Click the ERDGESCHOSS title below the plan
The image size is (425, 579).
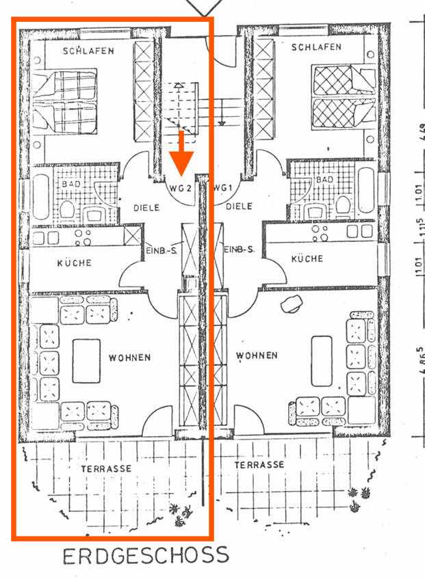click(145, 555)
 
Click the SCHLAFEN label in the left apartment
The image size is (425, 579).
click(88, 51)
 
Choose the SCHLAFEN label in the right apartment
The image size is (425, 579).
click(315, 47)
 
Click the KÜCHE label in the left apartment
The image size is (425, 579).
click(74, 263)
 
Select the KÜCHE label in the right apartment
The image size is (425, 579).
click(307, 259)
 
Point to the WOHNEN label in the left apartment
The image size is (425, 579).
click(129, 358)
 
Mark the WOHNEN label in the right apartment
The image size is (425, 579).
click(257, 355)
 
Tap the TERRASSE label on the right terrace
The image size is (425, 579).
click(259, 464)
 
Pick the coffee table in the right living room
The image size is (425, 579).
click(322, 360)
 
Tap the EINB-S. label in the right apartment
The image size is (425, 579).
click(239, 250)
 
